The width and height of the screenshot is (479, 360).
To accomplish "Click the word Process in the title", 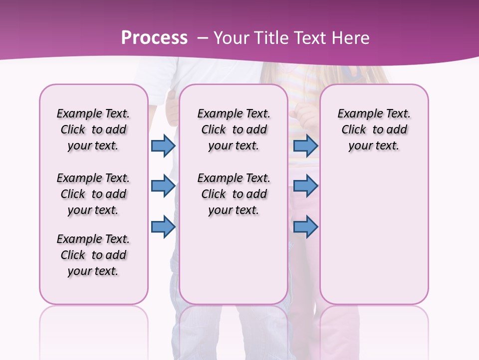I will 154,38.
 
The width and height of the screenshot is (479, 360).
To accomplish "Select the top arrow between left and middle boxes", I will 163,145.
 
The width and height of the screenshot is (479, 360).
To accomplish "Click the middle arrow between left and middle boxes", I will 163,186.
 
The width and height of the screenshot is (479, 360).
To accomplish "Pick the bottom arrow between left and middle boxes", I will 163,226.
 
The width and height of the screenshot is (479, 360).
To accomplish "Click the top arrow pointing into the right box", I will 305,145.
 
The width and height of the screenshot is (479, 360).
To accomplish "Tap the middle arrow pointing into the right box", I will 305,186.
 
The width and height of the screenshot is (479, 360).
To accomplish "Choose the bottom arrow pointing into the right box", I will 305,226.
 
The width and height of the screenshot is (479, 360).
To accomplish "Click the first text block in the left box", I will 93,129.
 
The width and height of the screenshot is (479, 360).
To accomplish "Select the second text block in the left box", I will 93,194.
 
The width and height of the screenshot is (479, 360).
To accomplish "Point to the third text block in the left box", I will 93,255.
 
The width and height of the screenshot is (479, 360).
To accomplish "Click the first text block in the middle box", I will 234,129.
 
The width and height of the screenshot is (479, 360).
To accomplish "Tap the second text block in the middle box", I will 234,194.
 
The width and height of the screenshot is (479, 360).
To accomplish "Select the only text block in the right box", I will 374,129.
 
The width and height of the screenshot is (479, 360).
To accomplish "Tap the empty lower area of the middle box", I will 234,260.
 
